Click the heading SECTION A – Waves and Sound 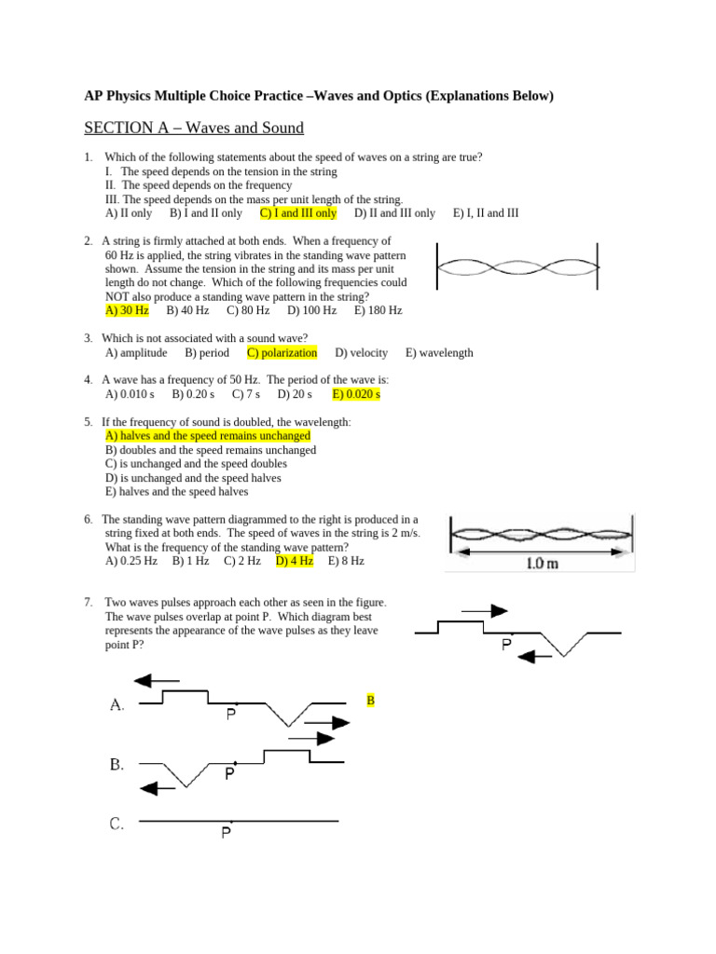coord(194,128)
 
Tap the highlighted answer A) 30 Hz coord(127,310)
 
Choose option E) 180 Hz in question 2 coord(378,310)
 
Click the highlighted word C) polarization coord(282,353)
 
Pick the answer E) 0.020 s coord(356,394)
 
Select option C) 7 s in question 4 coord(245,394)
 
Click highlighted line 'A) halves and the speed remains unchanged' coord(208,436)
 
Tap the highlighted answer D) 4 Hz coord(294,562)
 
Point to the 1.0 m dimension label coord(543,564)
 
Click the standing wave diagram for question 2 coord(517,267)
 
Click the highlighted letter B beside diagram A coord(370,700)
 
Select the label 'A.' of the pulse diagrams coord(117,705)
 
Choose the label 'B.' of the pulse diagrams coord(117,765)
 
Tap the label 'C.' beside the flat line coord(117,824)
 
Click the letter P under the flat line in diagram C coord(227,834)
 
